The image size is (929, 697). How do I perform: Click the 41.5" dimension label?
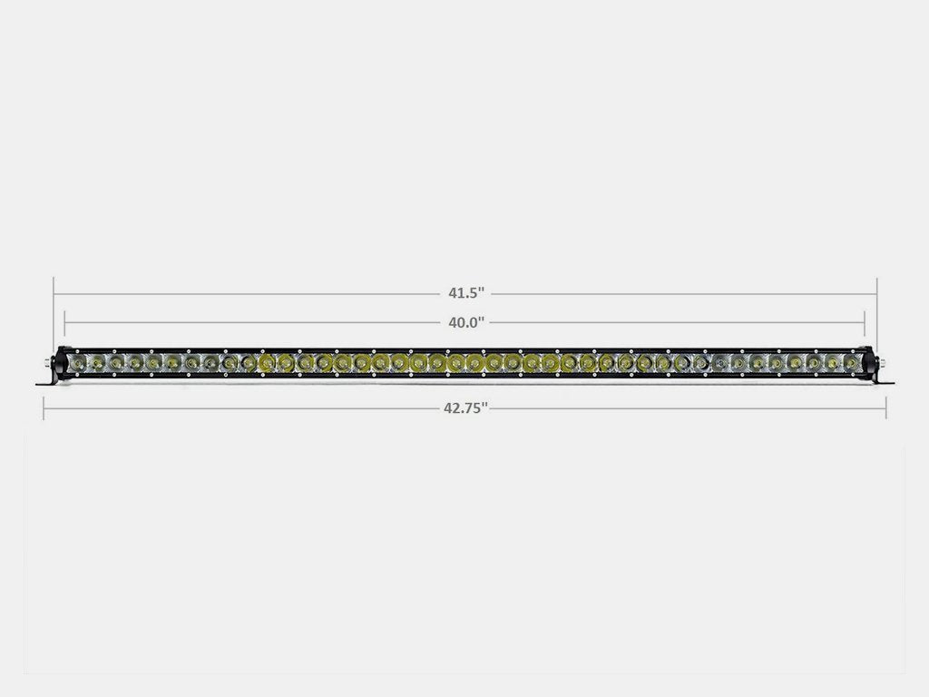coord(465,293)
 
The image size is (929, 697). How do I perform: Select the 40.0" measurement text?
coord(464,321)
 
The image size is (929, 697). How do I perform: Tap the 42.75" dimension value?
coord(465,407)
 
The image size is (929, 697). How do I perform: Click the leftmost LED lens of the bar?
coord(79,363)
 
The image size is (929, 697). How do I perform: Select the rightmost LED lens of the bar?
coord(851,363)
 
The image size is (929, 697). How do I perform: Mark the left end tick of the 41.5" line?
coord(54,293)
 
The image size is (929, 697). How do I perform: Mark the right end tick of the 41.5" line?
coord(876,293)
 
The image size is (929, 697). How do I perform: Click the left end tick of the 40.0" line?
coord(65,321)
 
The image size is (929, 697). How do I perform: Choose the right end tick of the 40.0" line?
coord(865,321)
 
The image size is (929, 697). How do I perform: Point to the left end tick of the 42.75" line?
coord(44,407)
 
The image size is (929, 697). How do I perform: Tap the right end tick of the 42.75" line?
coord(886,407)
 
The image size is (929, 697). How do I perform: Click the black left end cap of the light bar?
coord(62,363)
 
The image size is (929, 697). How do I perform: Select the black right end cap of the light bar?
coord(868,363)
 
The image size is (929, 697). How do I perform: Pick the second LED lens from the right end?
coord(832,363)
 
